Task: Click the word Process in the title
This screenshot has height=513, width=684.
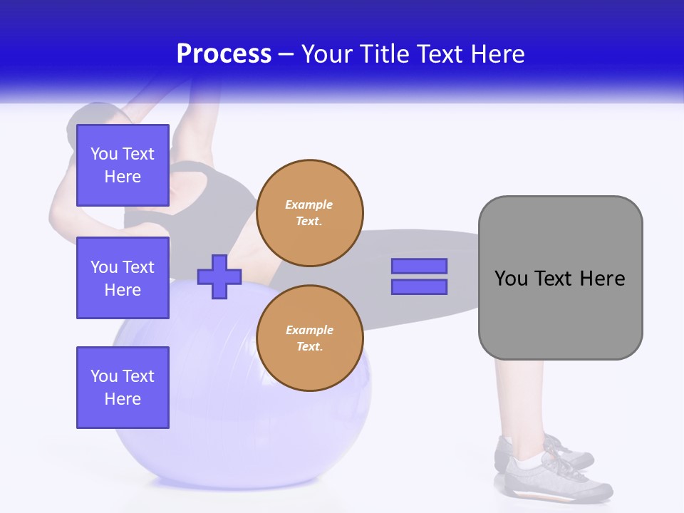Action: point(224,54)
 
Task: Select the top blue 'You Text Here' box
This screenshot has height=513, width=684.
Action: point(123,165)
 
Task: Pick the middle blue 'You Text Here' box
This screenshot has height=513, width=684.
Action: point(123,278)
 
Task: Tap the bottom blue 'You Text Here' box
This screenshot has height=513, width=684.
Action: point(123,387)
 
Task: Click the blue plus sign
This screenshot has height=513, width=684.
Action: point(219,276)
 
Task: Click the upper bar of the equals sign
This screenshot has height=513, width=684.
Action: point(419,266)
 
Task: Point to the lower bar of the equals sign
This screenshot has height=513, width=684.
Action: point(419,286)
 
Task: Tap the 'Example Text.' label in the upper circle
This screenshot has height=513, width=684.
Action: point(309,212)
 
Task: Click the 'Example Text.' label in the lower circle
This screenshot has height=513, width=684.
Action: point(309,338)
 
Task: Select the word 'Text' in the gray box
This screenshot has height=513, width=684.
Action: point(553,279)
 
